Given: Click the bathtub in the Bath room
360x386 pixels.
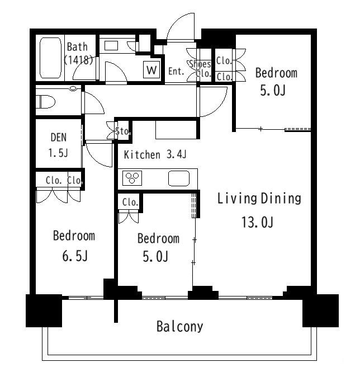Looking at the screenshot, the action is (x=50, y=58).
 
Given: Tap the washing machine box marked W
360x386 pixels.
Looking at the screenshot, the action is (x=151, y=70).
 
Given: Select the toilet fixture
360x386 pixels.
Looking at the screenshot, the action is (x=45, y=102).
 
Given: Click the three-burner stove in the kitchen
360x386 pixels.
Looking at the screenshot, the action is (x=132, y=178).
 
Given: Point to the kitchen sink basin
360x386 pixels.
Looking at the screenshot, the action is (x=179, y=178).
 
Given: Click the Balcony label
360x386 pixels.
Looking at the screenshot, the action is (x=180, y=327).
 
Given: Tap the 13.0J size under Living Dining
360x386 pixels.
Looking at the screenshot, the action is (x=257, y=222).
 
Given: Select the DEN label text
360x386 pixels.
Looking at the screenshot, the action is (x=59, y=138).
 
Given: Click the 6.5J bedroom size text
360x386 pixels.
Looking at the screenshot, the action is (x=75, y=256).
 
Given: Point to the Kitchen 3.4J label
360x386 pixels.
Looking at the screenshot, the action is (x=155, y=154).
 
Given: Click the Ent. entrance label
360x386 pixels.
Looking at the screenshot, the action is (x=176, y=71).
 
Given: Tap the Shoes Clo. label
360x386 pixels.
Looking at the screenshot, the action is (x=200, y=68).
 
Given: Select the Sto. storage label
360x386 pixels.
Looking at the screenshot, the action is (x=123, y=131).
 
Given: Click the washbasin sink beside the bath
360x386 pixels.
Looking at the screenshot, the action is (x=111, y=46).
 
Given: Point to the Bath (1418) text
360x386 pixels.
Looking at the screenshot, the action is (x=78, y=53).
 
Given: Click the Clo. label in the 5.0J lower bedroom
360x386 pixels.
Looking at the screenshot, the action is (x=130, y=202).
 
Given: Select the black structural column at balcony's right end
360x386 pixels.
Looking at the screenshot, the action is (x=320, y=310).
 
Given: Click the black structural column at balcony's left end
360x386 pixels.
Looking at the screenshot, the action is (x=44, y=310).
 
